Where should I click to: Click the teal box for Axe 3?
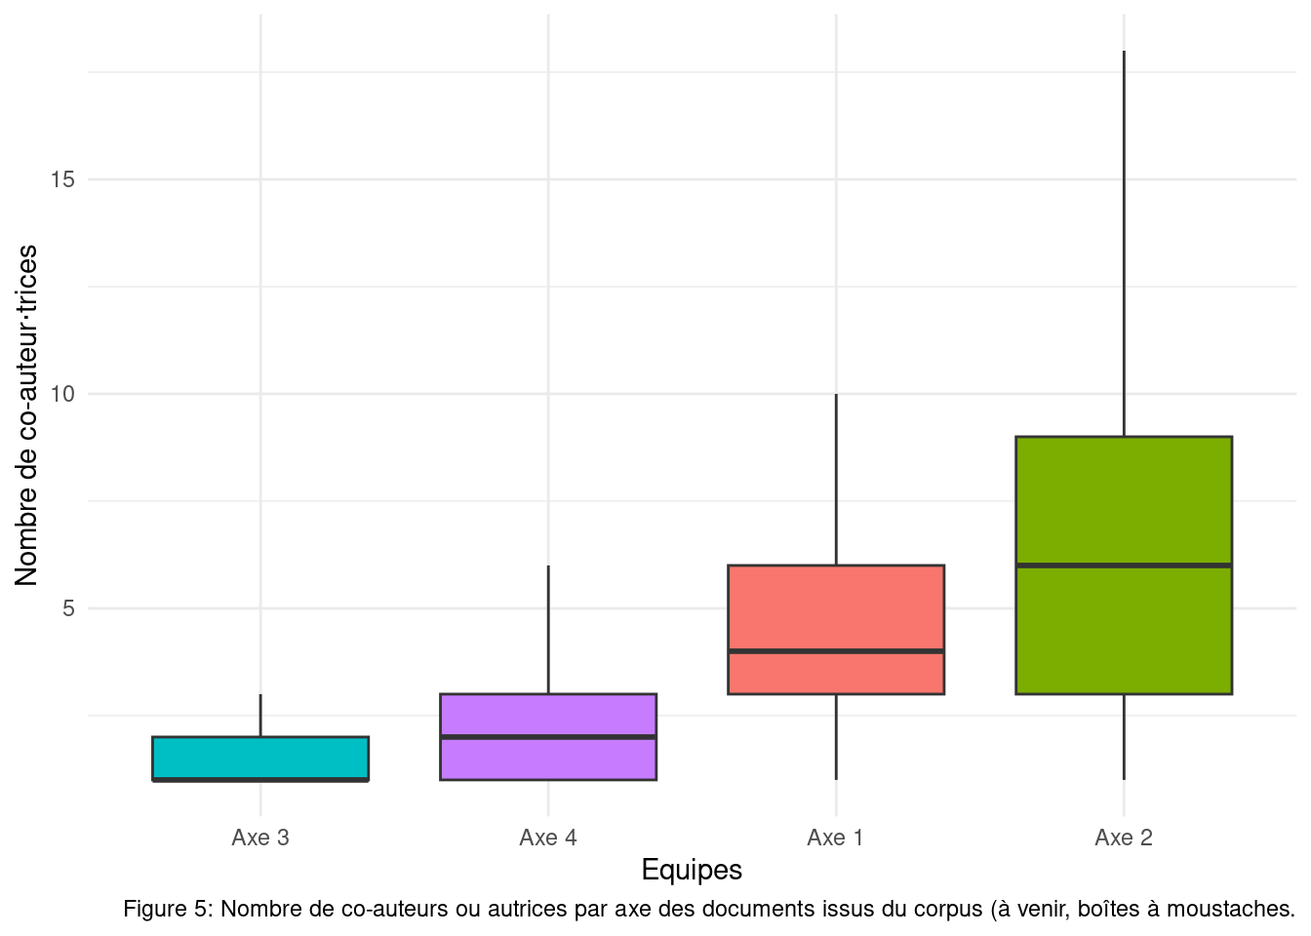click(x=260, y=757)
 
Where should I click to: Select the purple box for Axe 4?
click(x=548, y=716)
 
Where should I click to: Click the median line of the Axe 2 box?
click(x=1124, y=565)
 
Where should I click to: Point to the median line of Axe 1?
click(x=836, y=650)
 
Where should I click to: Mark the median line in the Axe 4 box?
click(x=548, y=737)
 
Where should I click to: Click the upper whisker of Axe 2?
click(x=1124, y=244)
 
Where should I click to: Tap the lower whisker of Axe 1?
click(x=836, y=737)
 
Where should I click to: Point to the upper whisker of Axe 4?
click(x=548, y=630)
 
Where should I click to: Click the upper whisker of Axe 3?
click(x=260, y=716)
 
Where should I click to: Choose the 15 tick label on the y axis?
click(x=63, y=179)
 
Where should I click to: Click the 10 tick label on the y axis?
click(x=63, y=394)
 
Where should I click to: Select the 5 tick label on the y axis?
click(x=68, y=608)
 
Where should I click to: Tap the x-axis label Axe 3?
click(x=260, y=838)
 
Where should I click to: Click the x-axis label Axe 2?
click(x=1124, y=838)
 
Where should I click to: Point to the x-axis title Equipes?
click(x=692, y=870)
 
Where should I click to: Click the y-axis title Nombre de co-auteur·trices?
click(x=26, y=415)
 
